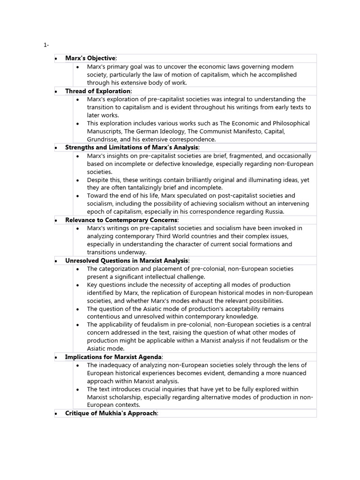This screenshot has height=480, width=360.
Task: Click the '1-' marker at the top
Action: [x=46, y=45]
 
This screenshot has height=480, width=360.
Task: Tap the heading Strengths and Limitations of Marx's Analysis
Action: [x=132, y=147]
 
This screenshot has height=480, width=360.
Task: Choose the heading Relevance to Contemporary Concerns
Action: [x=121, y=220]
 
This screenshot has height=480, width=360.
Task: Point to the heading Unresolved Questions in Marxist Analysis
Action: [x=127, y=260]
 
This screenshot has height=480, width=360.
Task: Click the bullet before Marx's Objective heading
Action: [x=56, y=59]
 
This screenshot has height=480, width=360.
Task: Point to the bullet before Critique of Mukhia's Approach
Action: [x=56, y=413]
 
